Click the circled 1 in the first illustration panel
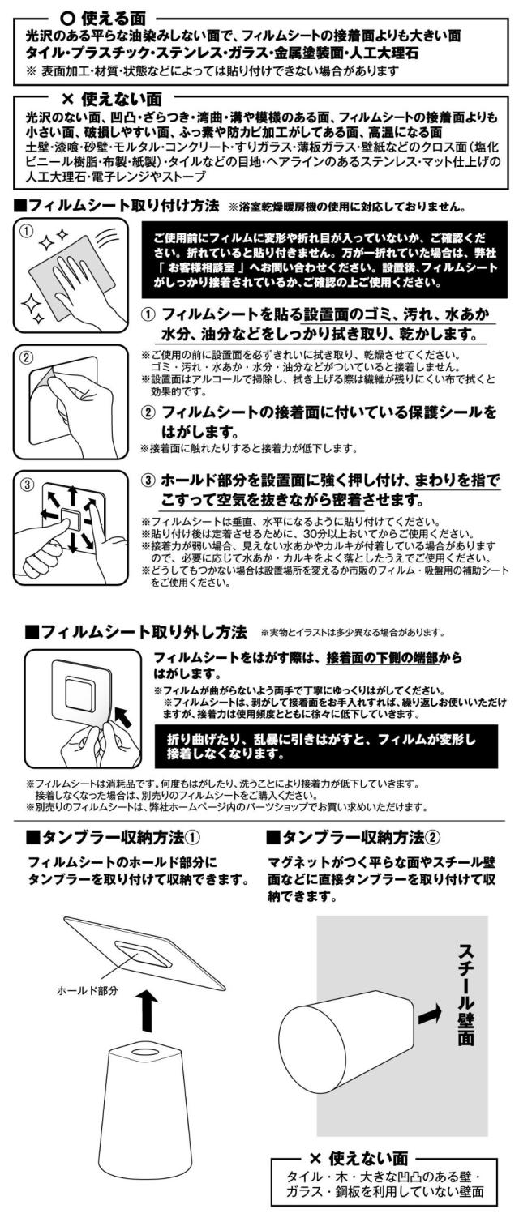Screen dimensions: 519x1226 25,230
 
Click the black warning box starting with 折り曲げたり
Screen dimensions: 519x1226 326,746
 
